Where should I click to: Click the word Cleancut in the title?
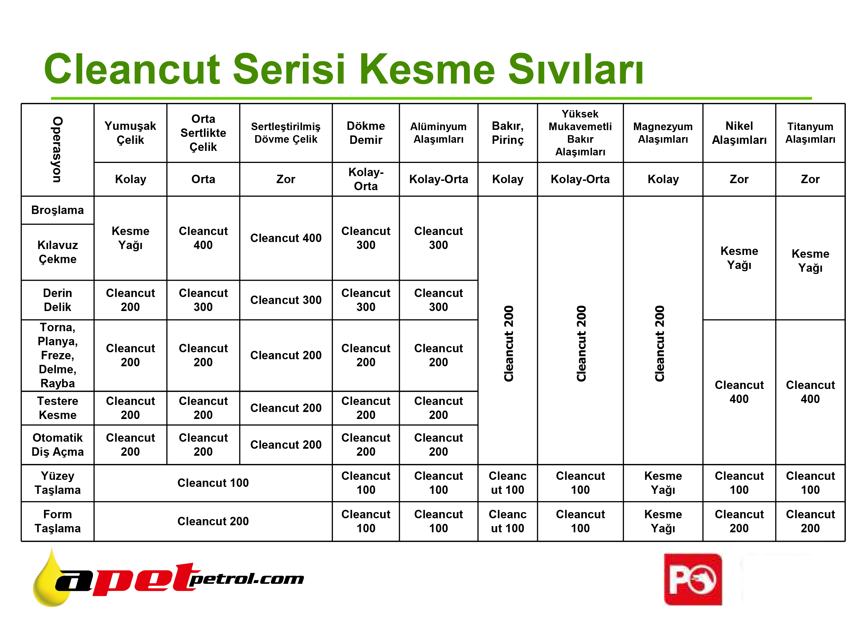click(132, 69)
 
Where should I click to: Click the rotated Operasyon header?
click(57, 150)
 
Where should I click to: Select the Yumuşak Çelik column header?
click(131, 133)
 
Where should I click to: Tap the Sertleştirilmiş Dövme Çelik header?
click(286, 133)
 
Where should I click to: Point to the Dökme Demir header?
click(366, 133)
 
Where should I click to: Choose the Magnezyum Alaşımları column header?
click(663, 133)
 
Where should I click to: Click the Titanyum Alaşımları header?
click(810, 133)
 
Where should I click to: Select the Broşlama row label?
click(58, 210)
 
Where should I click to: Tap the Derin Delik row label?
click(58, 300)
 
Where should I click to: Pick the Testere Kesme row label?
click(58, 408)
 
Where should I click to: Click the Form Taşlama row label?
click(58, 521)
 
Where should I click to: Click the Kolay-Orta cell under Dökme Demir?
click(366, 179)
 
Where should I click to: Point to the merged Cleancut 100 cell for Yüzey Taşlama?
click(213, 483)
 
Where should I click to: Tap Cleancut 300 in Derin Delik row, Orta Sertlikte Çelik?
click(203, 300)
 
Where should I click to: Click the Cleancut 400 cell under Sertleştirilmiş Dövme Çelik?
click(286, 238)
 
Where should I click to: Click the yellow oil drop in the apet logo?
click(52, 581)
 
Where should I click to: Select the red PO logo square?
click(693, 579)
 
